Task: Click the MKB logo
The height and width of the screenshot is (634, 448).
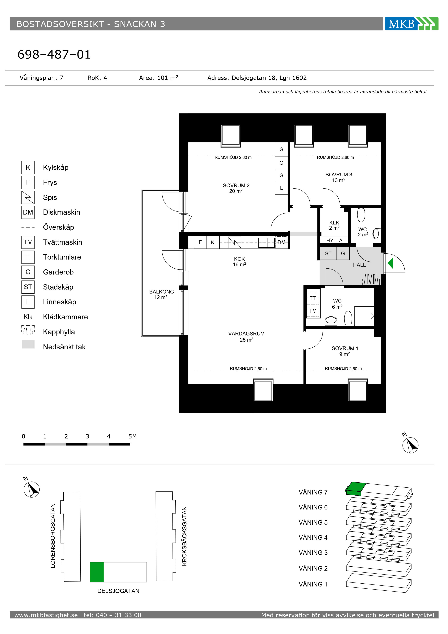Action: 411,24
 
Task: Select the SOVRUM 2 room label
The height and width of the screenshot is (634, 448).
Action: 236,188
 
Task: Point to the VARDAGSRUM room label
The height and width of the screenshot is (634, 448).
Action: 246,337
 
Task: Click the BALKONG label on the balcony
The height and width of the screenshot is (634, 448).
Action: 161,294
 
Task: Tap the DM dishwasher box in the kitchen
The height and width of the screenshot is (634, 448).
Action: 281,242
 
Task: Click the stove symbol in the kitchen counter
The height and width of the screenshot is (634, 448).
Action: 234,242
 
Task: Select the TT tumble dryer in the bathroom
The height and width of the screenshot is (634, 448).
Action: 313,298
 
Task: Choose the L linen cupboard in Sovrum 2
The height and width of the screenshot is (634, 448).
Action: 281,188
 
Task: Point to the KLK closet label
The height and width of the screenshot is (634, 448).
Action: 334,225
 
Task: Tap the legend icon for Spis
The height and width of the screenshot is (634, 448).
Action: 28,197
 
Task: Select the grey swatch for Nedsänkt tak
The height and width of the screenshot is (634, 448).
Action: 28,344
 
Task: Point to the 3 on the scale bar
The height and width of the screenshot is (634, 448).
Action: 87,436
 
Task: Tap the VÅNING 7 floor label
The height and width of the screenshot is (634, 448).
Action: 313,492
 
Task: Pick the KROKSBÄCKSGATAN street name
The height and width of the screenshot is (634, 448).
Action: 184,536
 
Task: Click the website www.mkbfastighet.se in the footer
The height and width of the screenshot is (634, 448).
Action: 46,615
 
